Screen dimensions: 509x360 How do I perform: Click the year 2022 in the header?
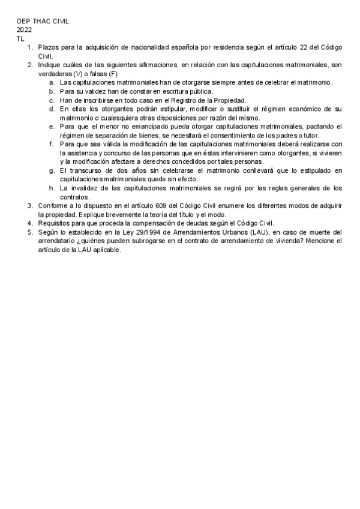tap(25, 29)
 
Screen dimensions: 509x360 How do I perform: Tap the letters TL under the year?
tap(20, 37)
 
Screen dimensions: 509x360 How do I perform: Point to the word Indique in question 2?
tap(50, 64)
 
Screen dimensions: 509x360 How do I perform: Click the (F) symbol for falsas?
tap(113, 73)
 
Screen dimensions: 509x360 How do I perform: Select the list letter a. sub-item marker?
tap(52, 82)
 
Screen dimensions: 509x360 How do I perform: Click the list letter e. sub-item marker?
tap(52, 126)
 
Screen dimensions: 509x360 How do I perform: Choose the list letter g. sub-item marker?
tap(52, 170)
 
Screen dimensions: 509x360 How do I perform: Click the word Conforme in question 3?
tap(53, 206)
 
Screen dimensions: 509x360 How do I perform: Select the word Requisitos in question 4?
tap(55, 223)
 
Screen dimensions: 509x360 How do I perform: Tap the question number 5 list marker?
tap(29, 232)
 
